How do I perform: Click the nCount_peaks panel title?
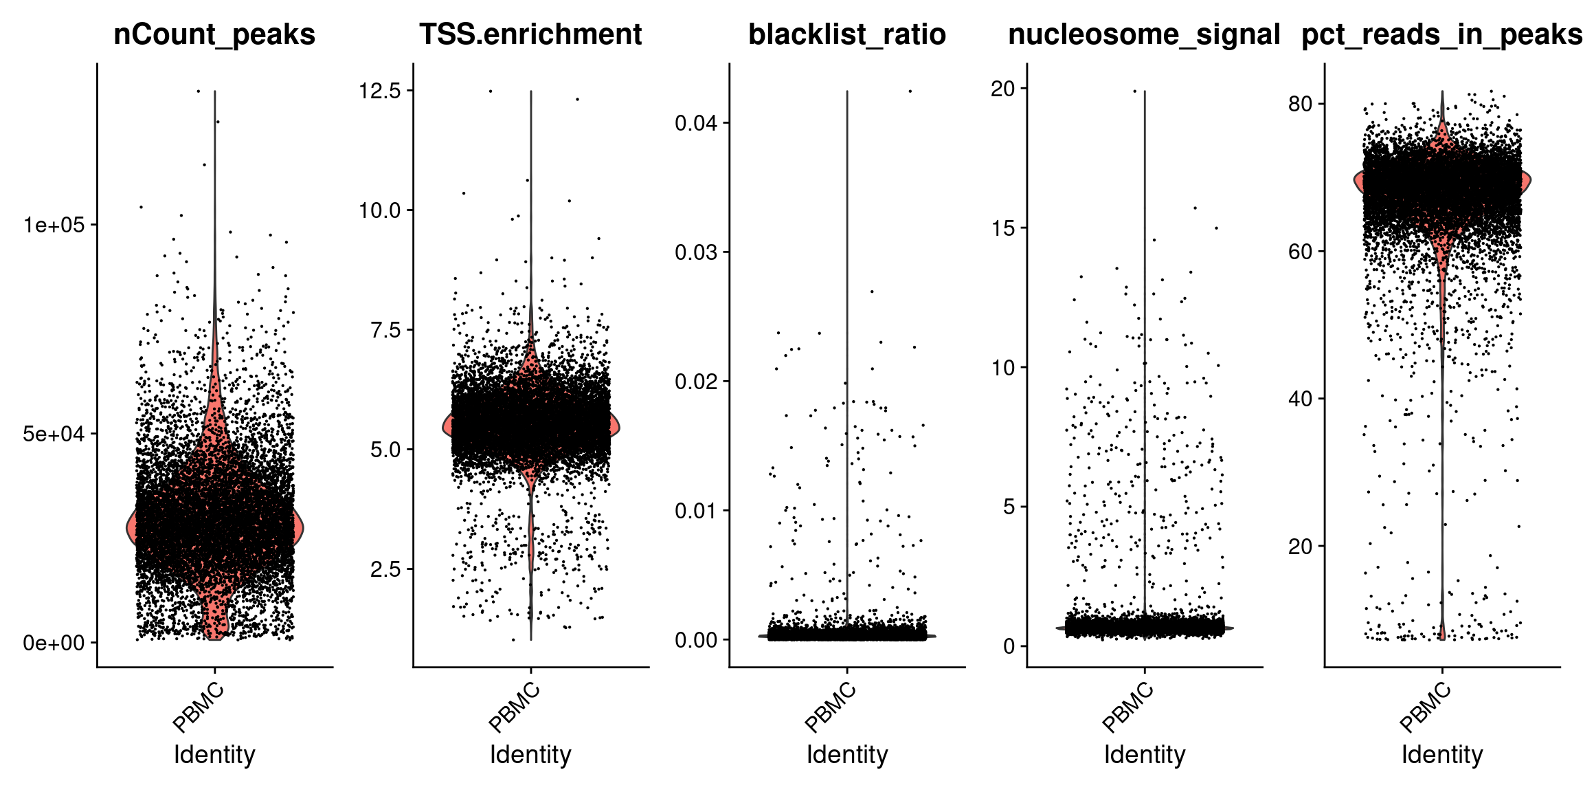coord(214,34)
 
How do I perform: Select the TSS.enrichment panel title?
coord(530,34)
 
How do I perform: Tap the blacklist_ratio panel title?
coord(846,34)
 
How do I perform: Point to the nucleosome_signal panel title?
coord(1144,34)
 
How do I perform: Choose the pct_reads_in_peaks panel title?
coord(1441,34)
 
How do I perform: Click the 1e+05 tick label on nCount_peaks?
coord(54,225)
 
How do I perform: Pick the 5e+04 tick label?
coord(54,434)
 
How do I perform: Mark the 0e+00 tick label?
coord(54,643)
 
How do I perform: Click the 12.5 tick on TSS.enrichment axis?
coord(379,90)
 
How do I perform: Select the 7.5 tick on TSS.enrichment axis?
coord(385,330)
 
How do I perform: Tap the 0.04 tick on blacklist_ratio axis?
coord(695,123)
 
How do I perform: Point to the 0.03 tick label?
coord(695,252)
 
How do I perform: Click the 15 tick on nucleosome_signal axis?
coord(1003,228)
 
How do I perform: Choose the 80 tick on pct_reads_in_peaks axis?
coord(1301,104)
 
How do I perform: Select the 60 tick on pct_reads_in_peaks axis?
coord(1301,252)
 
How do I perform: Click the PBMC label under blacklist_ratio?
coord(831,708)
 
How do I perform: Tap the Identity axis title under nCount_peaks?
coord(214,755)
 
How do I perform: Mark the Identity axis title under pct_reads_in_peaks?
coord(1441,755)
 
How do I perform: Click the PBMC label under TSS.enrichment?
coord(515,708)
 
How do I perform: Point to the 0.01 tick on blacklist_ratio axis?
coord(695,511)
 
